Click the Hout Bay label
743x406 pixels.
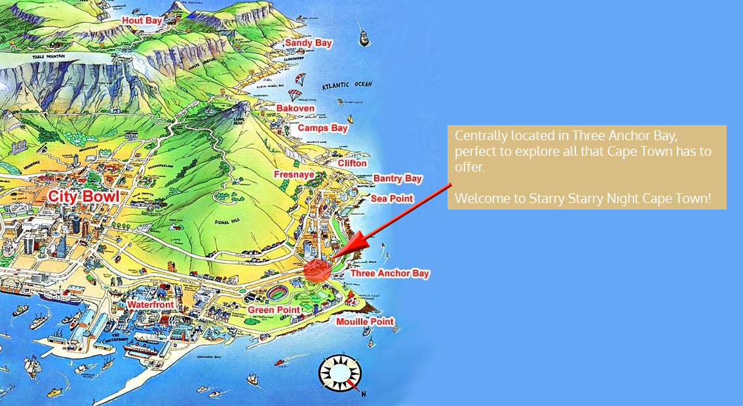142,21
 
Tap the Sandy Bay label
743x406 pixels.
308,43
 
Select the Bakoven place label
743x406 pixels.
295,108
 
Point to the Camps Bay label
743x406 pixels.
322,128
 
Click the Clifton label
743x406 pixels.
352,163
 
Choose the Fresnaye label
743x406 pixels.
294,175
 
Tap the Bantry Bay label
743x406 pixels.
397,178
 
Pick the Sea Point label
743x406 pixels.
392,198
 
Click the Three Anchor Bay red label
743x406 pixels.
389,273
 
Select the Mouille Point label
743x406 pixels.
364,322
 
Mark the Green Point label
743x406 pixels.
273,310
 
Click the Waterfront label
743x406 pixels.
151,305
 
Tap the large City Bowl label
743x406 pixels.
83,196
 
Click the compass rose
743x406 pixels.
339,373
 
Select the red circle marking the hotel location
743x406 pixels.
317,270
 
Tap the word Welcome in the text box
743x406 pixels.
480,198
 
